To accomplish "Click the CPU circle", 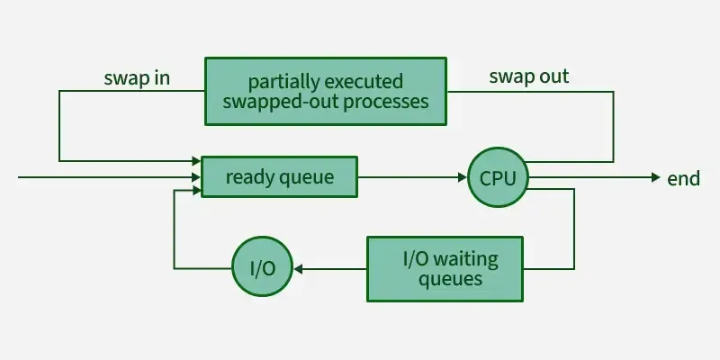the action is point(499,177).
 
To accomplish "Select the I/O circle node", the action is point(262,266).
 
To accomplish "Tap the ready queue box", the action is point(279,176).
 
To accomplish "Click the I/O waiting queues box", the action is point(445,268).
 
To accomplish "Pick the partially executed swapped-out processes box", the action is point(326,91).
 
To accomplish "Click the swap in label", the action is point(137,78).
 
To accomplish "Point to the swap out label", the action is point(529,76).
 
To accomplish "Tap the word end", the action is point(683,178).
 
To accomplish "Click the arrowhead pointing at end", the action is point(656,177).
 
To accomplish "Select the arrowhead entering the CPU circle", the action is point(463,177).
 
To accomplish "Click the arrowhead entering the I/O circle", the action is point(298,268).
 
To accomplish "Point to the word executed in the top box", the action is point(364,82).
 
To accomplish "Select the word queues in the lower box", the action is point(451,279).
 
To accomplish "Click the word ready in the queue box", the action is point(248,177).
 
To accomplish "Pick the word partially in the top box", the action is point(283,82).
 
